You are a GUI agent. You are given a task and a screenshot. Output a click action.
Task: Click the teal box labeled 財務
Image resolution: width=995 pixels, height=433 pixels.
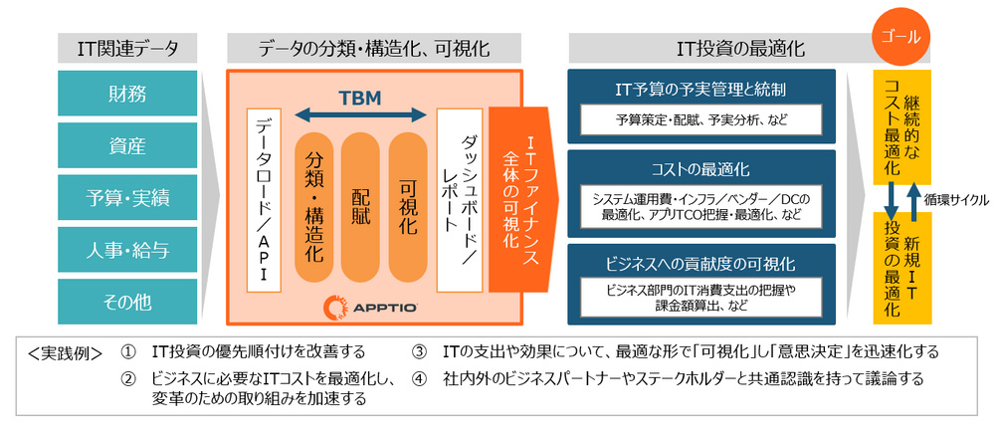coord(127,95)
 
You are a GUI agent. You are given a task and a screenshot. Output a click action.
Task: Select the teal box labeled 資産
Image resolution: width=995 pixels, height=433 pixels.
coord(127,146)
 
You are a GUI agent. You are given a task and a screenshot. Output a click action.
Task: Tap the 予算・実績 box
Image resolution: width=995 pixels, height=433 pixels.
coord(127,198)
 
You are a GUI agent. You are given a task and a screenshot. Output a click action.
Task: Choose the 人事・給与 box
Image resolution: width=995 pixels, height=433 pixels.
coord(127,250)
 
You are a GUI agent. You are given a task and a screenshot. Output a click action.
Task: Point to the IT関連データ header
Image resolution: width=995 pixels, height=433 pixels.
coord(127,48)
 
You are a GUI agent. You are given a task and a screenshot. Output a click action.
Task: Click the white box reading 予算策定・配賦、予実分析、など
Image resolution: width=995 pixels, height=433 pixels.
coord(702,120)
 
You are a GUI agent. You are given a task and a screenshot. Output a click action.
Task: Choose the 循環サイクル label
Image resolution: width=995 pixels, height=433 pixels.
coord(955,199)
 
